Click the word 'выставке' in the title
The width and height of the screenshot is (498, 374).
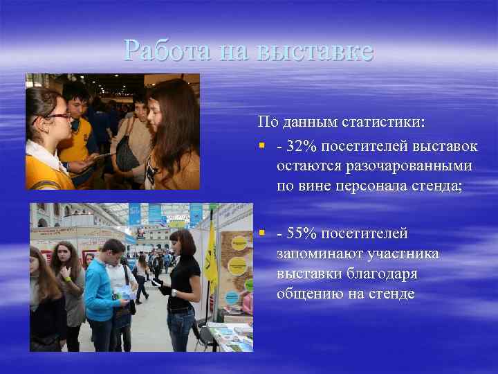315,51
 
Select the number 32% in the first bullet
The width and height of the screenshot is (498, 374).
302,144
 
